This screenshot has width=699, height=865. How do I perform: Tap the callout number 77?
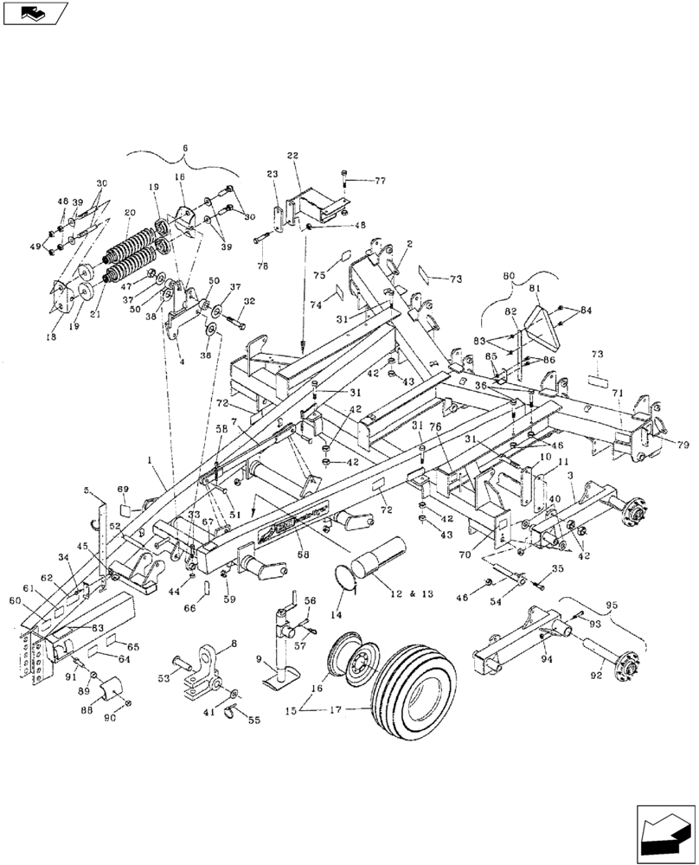[x=379, y=181]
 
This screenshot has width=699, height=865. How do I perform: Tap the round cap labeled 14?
[x=348, y=578]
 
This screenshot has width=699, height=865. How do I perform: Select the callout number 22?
[x=292, y=155]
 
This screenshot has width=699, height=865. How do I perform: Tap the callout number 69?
[x=122, y=490]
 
